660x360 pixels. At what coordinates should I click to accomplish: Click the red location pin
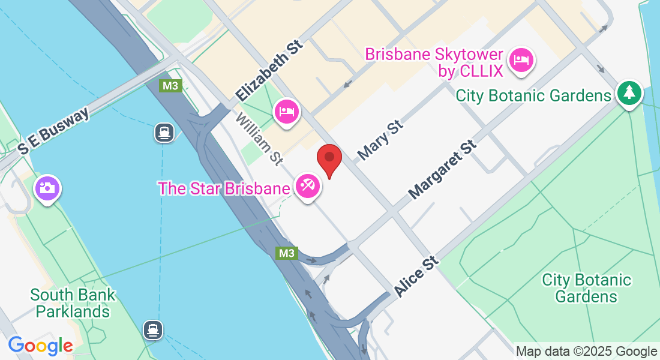[329, 159]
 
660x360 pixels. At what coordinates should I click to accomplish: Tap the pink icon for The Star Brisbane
[308, 187]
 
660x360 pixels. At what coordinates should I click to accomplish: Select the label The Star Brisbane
[224, 188]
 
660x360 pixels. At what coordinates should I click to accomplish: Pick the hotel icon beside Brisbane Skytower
[521, 61]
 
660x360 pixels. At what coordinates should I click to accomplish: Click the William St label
[259, 138]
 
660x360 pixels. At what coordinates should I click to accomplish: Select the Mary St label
[380, 140]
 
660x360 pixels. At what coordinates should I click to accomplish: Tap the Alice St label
[416, 277]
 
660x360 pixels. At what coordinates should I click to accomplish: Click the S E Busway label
[53, 131]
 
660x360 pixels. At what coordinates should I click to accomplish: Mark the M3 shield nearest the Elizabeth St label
[170, 86]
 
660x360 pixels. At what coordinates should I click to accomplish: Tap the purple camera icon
[47, 188]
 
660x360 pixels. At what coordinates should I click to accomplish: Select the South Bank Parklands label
[73, 303]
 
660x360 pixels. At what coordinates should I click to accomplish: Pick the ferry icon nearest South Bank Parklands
[154, 329]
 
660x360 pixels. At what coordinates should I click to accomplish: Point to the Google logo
[40, 345]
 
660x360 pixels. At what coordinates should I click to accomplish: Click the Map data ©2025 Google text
[586, 352]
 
